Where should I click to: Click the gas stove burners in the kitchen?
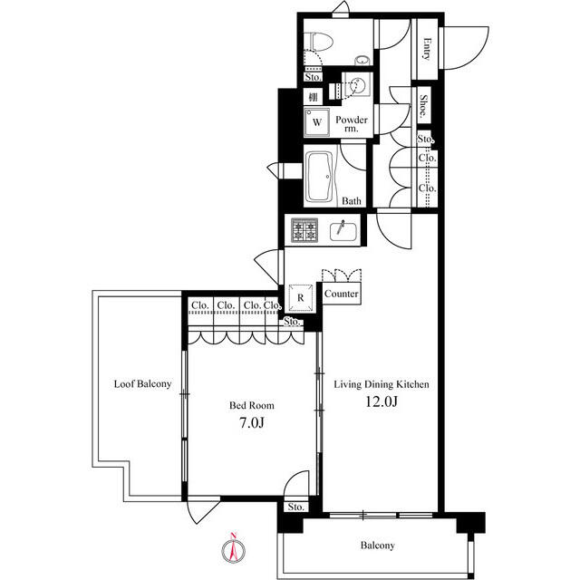[304, 230]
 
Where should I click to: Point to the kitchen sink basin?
[343, 229]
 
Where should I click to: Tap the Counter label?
[341, 295]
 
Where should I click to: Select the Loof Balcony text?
[142, 383]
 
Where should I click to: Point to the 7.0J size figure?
[251, 422]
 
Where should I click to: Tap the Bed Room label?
[251, 405]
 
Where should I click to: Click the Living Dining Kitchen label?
[382, 383]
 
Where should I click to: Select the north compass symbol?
[231, 548]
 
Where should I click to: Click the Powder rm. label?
[351, 124]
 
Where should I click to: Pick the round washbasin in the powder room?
[358, 87]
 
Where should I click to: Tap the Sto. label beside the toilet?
[313, 77]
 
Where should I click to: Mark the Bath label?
[352, 201]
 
